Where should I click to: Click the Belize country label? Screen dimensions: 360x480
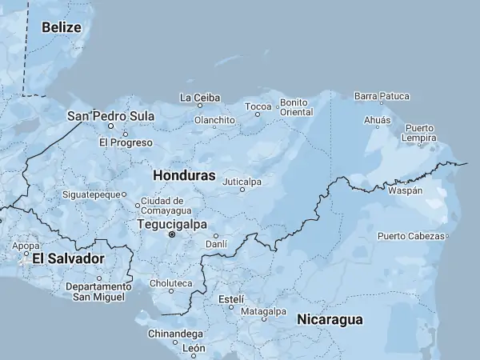click(x=62, y=27)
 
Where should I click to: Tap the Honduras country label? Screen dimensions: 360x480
click(x=184, y=174)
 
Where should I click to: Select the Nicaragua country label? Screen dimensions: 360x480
click(x=330, y=320)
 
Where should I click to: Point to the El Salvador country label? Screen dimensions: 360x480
click(x=68, y=259)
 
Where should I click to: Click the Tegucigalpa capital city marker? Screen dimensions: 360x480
click(x=171, y=236)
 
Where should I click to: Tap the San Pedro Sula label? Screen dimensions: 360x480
click(x=110, y=116)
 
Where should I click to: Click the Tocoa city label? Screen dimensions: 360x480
click(x=258, y=106)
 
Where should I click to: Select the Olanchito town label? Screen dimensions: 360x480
click(x=214, y=120)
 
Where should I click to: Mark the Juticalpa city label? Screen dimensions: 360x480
click(x=242, y=182)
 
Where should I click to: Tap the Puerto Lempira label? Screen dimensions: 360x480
click(x=420, y=133)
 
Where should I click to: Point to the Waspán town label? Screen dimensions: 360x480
click(x=405, y=192)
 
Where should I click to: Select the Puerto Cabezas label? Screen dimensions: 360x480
click(x=410, y=236)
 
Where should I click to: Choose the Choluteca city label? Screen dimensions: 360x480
click(x=170, y=283)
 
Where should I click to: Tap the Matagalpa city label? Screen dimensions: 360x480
click(x=263, y=310)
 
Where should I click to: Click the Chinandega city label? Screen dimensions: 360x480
click(x=175, y=332)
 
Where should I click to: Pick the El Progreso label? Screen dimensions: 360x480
click(x=126, y=142)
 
